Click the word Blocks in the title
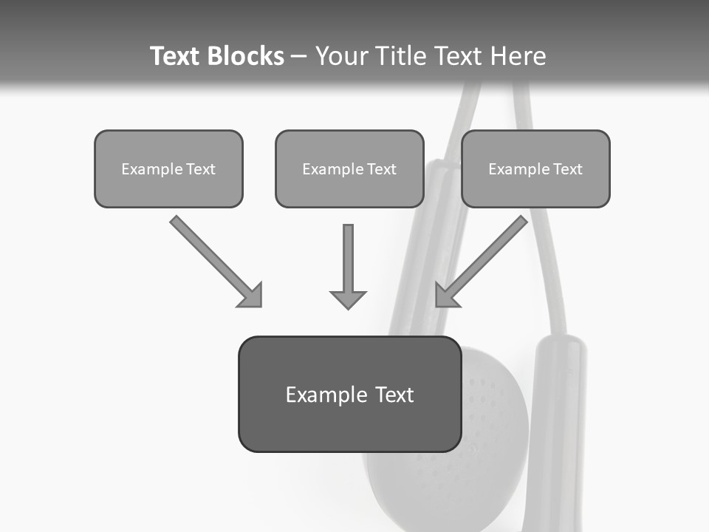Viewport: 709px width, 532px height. [x=245, y=56]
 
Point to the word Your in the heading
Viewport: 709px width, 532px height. [x=341, y=56]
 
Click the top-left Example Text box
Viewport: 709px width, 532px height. [x=168, y=168]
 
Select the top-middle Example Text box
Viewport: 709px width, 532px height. [x=349, y=168]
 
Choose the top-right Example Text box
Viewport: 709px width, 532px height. [x=535, y=168]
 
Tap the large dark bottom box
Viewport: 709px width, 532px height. [x=349, y=414]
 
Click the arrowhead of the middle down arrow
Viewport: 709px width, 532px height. [x=348, y=299]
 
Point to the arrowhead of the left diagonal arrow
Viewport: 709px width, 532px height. [x=252, y=296]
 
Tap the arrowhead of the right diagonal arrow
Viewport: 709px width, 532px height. [x=445, y=296]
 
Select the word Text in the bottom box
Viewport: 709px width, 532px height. [x=394, y=395]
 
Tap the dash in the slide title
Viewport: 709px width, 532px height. [x=299, y=57]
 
